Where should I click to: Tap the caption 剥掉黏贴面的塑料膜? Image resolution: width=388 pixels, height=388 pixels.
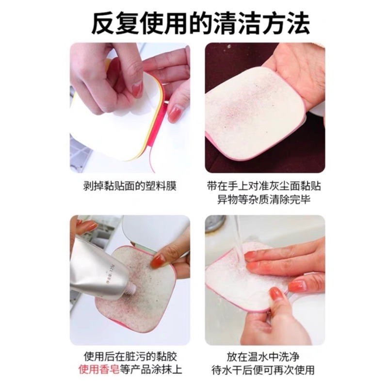pyautogui.click(x=130, y=186)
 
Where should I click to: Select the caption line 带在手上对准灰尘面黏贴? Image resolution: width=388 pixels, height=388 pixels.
pyautogui.click(x=264, y=186)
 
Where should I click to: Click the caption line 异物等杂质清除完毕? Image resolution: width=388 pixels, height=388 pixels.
pyautogui.click(x=264, y=200)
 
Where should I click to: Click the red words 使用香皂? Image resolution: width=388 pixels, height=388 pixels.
pyautogui.click(x=98, y=370)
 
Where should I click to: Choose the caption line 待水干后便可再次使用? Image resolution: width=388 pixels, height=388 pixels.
pyautogui.click(x=264, y=370)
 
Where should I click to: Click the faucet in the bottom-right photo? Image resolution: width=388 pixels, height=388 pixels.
pyautogui.click(x=216, y=225)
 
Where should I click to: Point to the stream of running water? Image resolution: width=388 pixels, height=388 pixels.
pyautogui.click(x=239, y=238)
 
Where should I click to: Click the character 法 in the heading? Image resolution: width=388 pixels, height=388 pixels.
pyautogui.click(x=297, y=23)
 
